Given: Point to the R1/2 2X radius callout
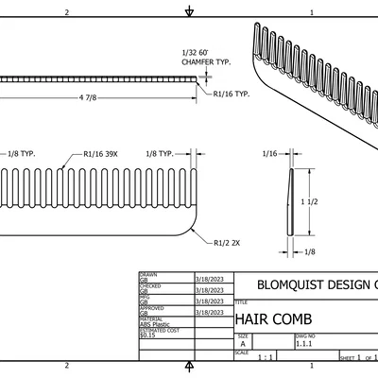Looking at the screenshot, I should (x=226, y=243).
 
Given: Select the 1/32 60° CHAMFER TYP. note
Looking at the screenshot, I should (x=205, y=58).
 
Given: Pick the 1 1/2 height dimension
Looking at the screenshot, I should (x=310, y=201).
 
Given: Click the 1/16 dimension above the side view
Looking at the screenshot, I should (x=269, y=152).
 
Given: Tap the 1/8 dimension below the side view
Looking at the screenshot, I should (x=310, y=251).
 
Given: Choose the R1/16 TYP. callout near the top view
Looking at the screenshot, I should (x=231, y=94).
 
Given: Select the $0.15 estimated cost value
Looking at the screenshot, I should (x=147, y=335).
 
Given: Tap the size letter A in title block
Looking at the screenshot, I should (x=243, y=345).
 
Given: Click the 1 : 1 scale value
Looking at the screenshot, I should (x=266, y=359).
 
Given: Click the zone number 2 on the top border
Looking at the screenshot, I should (x=66, y=12).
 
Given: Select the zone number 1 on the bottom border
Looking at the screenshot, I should (x=312, y=365).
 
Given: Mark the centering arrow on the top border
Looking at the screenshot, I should (x=190, y=12).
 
